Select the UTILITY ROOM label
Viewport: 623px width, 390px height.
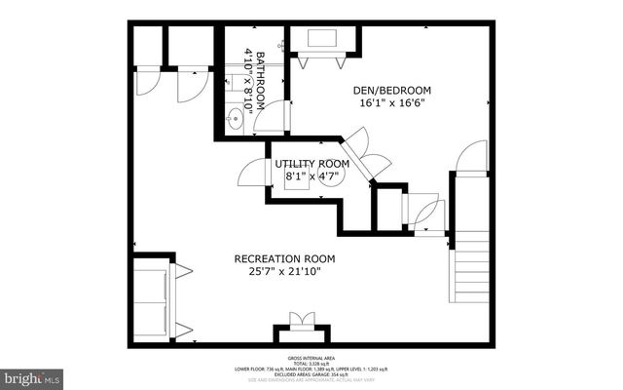(311, 163)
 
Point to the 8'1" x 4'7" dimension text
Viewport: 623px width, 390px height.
(311, 176)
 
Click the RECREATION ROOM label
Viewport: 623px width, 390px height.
(284, 258)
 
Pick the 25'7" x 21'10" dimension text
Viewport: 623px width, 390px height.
(284, 272)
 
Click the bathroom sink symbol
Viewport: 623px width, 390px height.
(234, 120)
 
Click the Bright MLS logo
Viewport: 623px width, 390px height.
(32, 374)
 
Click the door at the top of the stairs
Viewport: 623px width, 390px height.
(471, 158)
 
